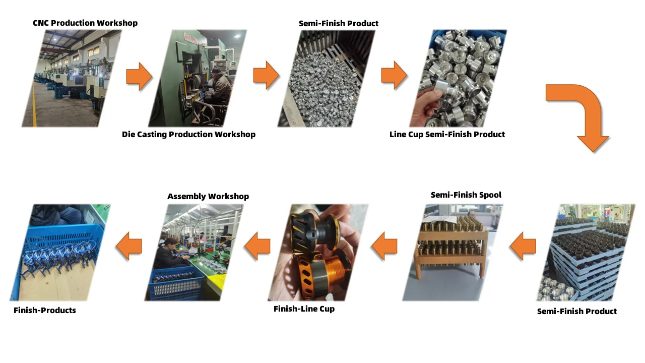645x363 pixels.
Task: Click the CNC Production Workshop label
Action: [85, 23]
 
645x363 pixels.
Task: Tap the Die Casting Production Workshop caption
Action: [188, 134]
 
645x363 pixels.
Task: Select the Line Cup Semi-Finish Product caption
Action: [447, 134]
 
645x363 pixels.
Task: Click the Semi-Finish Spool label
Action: [466, 195]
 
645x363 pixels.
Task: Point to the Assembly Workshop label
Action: [208, 196]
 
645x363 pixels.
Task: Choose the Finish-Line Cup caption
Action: [304, 309]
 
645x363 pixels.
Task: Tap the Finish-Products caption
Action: [45, 310]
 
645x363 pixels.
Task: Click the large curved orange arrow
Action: [585, 116]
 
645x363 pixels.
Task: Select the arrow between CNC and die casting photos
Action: [139, 76]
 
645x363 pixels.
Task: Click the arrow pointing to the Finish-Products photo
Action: [128, 246]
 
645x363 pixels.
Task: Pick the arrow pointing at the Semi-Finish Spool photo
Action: [523, 246]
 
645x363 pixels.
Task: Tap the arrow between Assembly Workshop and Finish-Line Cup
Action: [257, 246]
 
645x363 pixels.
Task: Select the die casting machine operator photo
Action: [199, 78]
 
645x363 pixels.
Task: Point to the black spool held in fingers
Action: [315, 227]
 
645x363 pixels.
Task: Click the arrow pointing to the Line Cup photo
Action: [394, 76]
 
